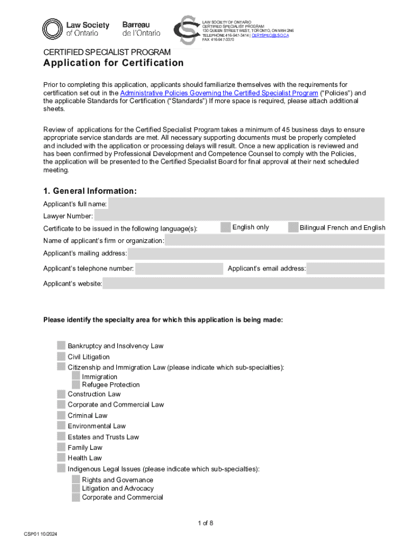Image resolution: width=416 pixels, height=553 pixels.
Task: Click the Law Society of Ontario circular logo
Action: pos(53,29)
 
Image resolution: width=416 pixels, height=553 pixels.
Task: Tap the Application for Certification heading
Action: pos(113,63)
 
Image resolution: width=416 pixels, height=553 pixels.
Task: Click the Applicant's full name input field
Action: pos(246,204)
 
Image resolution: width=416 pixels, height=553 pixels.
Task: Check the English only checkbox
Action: pos(226,227)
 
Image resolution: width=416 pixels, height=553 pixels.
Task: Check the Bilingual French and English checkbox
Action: pos(293,227)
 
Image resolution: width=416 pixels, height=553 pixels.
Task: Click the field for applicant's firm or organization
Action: pos(274,240)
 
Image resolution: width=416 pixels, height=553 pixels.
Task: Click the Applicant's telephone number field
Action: pos(179,268)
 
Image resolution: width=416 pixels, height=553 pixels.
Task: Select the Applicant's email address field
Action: pos(345,268)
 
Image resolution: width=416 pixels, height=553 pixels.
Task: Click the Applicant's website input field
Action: pos(243,284)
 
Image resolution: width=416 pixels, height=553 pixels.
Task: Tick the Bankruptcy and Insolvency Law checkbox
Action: pos(61,346)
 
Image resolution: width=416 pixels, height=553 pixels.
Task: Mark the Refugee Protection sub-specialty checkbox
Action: pos(76,385)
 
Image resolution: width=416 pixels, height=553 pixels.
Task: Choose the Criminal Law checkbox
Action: pos(61,415)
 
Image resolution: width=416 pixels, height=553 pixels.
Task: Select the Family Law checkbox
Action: pos(61,447)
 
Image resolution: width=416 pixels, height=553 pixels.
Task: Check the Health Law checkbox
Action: pos(61,458)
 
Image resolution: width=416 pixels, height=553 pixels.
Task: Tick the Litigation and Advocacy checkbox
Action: pos(76,488)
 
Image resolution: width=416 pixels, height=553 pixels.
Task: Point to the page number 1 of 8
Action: pos(206,523)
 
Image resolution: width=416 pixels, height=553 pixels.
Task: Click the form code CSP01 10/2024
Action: pos(41,534)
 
